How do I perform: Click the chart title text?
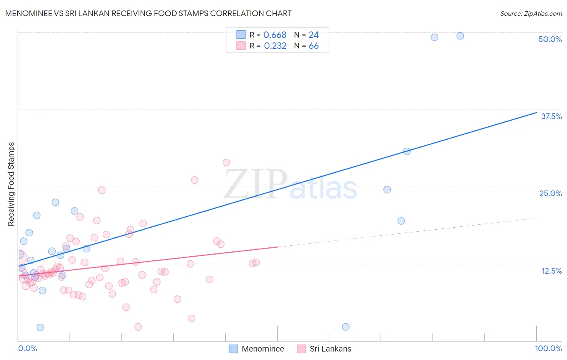(148, 13)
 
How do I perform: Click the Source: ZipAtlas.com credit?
(531, 13)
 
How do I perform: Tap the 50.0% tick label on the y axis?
(550, 39)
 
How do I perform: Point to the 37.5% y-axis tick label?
(551, 116)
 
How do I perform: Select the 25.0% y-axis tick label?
(550, 193)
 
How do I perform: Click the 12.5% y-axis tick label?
(551, 271)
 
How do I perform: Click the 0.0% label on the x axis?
(27, 348)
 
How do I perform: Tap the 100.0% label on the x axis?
(548, 348)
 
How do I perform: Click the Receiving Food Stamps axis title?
(11, 184)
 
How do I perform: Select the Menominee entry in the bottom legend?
(263, 349)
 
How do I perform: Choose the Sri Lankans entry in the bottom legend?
(330, 349)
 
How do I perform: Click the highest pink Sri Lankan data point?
(226, 162)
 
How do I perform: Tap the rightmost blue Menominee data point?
(460, 36)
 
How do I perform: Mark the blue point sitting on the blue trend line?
(407, 151)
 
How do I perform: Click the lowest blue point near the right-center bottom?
(346, 327)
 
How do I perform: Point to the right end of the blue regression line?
(536, 113)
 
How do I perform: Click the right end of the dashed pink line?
(537, 218)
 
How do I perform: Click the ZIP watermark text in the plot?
(256, 184)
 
